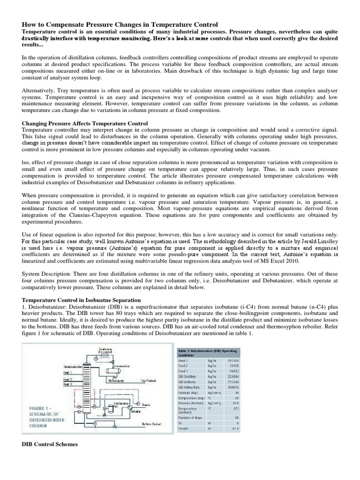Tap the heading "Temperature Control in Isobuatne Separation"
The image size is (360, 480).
tap(82, 298)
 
